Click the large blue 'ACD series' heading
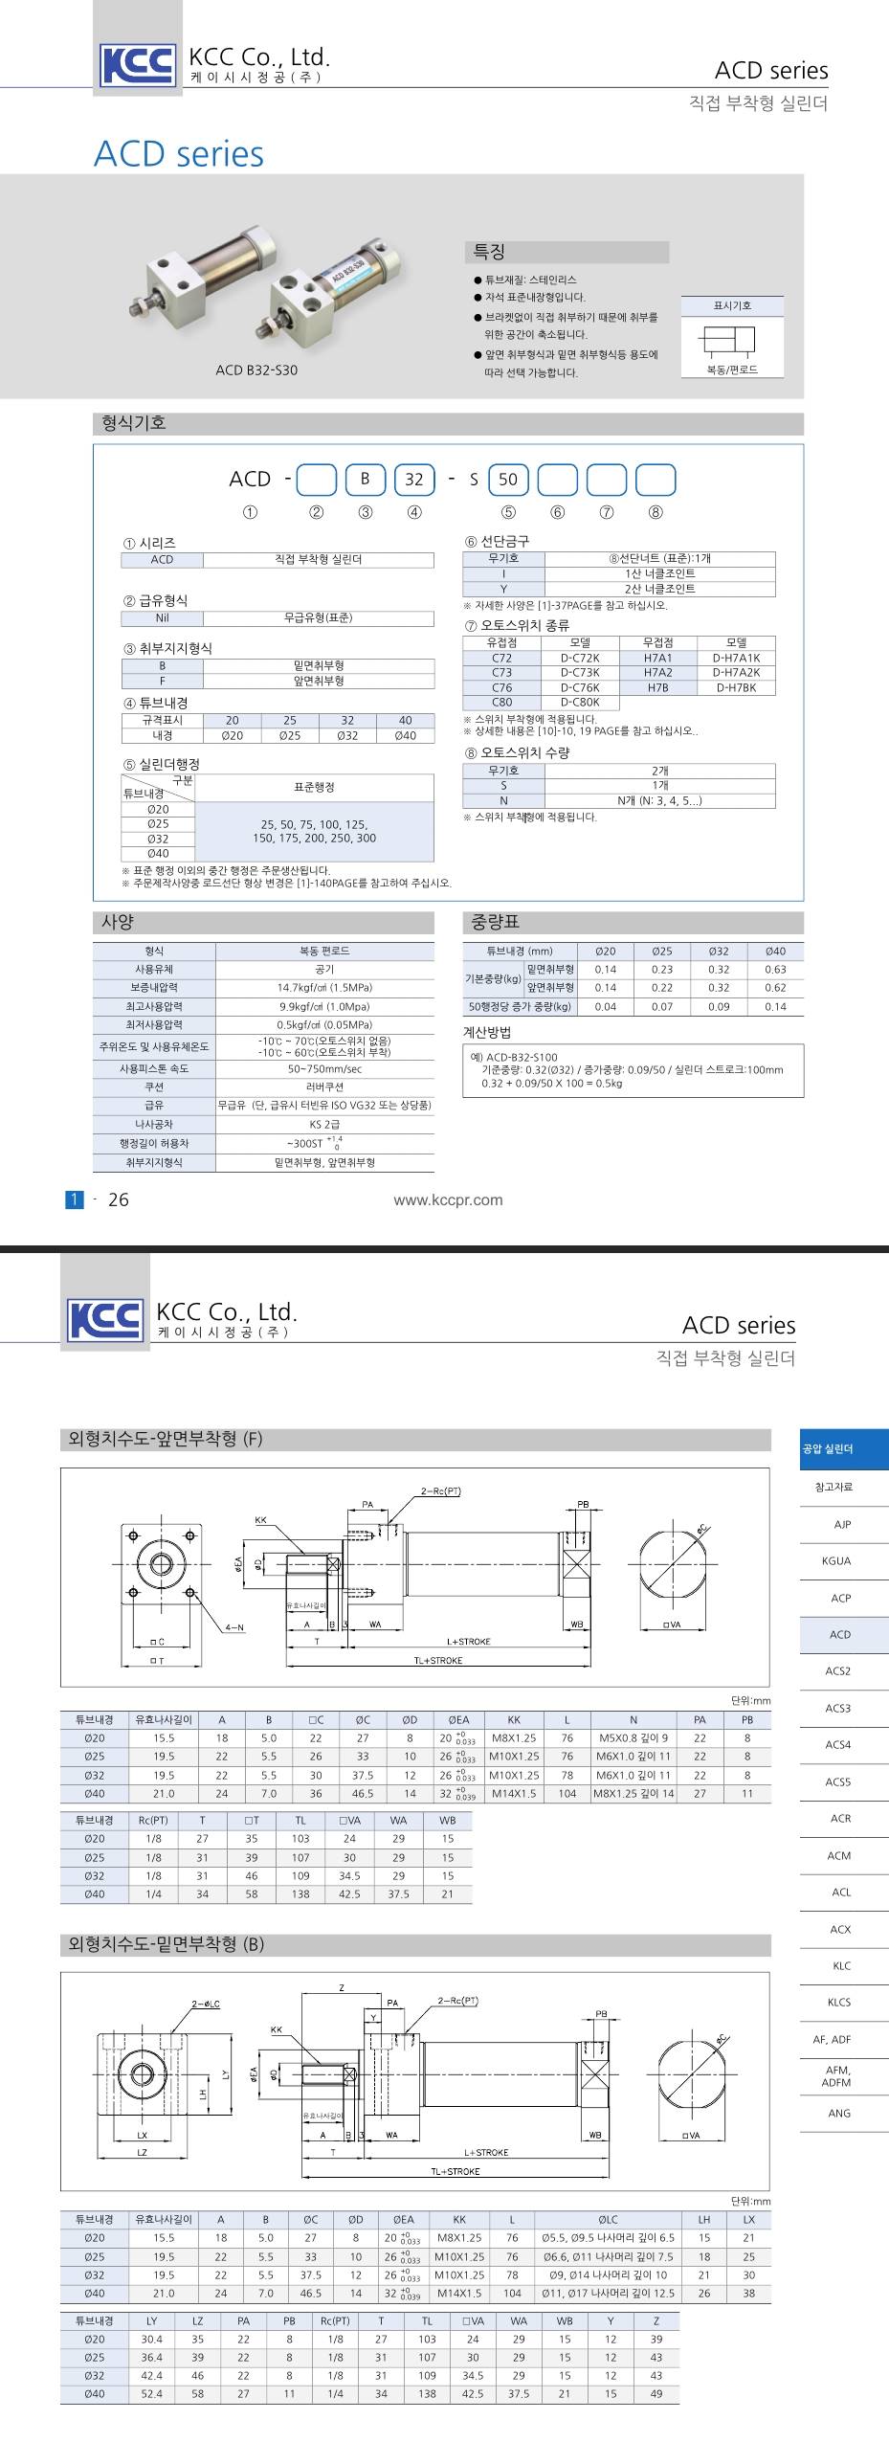(179, 154)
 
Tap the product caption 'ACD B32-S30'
(256, 370)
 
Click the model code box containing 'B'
(365, 480)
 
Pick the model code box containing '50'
(508, 480)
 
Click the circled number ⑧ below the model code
(656, 512)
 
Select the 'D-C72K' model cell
(580, 658)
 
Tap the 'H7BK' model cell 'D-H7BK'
(735, 687)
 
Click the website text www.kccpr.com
(448, 1199)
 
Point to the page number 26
(119, 1199)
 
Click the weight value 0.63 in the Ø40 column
(775, 969)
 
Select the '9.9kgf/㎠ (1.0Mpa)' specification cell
(324, 1006)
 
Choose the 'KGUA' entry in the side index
(836, 1560)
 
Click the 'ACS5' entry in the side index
(837, 1781)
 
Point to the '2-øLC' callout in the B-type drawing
(206, 2004)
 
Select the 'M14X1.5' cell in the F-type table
(514, 1793)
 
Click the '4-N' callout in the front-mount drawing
(234, 1626)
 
